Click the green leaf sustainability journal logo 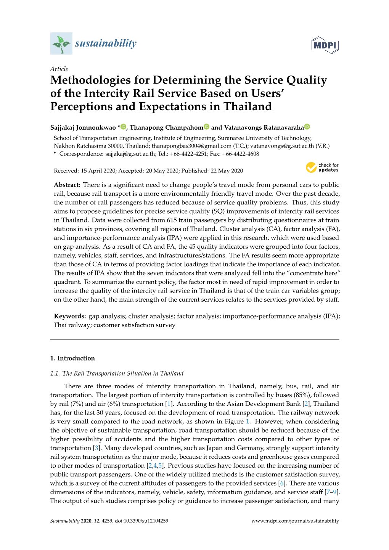click(61, 43)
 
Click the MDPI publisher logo click(325, 45)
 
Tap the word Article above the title click(59, 69)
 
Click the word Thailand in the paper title click(248, 106)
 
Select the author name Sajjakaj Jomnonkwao click(83, 127)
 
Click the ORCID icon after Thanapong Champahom click(207, 127)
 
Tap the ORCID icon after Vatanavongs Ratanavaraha click(307, 127)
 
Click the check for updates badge click(322, 167)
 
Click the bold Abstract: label click(67, 185)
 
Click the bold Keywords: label click(70, 316)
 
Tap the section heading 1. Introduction click(72, 358)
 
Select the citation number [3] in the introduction click(97, 448)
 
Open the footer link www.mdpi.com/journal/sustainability click(295, 521)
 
